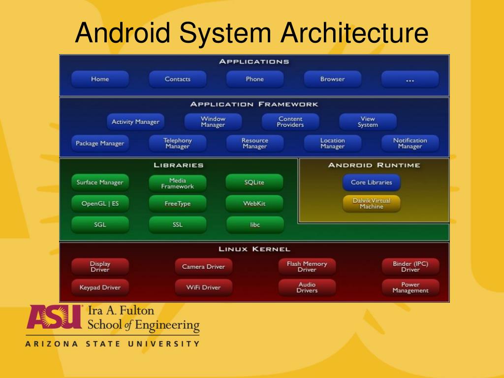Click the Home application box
pos(100,79)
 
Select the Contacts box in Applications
pos(177,79)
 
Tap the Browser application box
pos(332,79)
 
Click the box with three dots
pos(409,79)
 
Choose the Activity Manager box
pos(135,122)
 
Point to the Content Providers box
pos(290,122)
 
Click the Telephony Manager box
pos(177,143)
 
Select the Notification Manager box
pos(409,143)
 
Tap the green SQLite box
pos(254,183)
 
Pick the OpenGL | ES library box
pos(100,204)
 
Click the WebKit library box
pos(254,204)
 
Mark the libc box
pos(254,225)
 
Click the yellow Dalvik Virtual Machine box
pos(372,204)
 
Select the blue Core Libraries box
pos(372,183)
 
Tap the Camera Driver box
pos(203,267)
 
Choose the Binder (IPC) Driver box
pos(410,267)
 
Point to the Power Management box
pos(410,287)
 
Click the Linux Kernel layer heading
pos(254,249)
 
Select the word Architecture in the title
pos(354,33)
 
